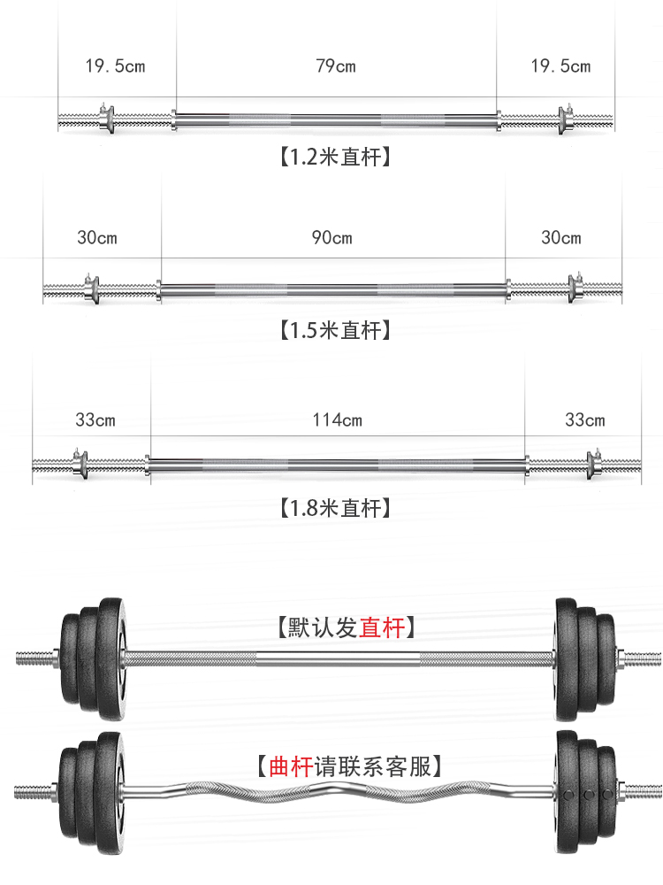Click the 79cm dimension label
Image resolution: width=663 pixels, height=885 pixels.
pyautogui.click(x=336, y=66)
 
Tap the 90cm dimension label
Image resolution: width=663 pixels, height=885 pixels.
pyautogui.click(x=332, y=237)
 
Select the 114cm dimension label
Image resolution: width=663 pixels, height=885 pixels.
pyautogui.click(x=337, y=419)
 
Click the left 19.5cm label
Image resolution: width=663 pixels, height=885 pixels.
pyautogui.click(x=115, y=66)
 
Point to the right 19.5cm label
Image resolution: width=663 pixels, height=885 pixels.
pyautogui.click(x=560, y=66)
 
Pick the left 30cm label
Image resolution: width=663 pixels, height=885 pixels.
pyautogui.click(x=97, y=237)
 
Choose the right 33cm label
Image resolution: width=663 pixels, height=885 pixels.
pyautogui.click(x=584, y=419)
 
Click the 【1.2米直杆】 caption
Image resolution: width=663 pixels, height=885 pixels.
pyautogui.click(x=335, y=157)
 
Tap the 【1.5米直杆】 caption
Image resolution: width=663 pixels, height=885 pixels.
pyautogui.click(x=335, y=330)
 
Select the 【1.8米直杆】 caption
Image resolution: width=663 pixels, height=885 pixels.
pyautogui.click(x=335, y=508)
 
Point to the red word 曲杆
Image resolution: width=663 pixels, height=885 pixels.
pyautogui.click(x=291, y=766)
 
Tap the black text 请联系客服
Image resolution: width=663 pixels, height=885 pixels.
pyautogui.click(x=373, y=766)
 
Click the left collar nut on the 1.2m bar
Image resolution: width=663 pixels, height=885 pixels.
pyautogui.click(x=107, y=119)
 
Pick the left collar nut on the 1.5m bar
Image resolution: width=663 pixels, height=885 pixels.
pyautogui.click(x=91, y=289)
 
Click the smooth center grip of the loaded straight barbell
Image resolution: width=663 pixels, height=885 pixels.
pyautogui.click(x=339, y=659)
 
